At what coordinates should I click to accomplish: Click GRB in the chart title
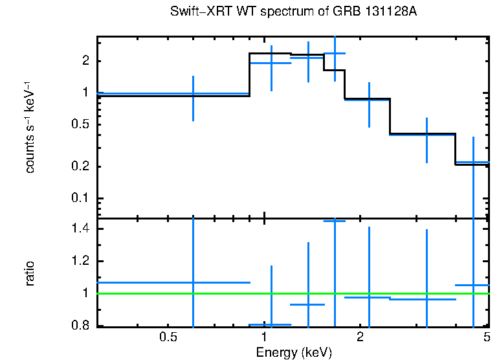tap(331, 12)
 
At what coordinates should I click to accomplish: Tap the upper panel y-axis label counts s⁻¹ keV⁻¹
tap(30, 126)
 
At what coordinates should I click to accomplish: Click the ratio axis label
tap(30, 273)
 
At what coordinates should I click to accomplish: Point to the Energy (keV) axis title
tap(293, 352)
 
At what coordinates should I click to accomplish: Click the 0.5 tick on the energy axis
tap(168, 337)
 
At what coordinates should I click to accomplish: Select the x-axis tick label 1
tap(264, 337)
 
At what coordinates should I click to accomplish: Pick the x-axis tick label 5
tap(487, 337)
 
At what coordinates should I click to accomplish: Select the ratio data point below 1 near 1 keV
tap(271, 324)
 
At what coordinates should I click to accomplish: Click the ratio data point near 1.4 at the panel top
tap(335, 221)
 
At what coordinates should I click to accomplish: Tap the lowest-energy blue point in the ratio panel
tap(193, 282)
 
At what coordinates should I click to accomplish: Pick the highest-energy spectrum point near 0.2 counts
tap(473, 163)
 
